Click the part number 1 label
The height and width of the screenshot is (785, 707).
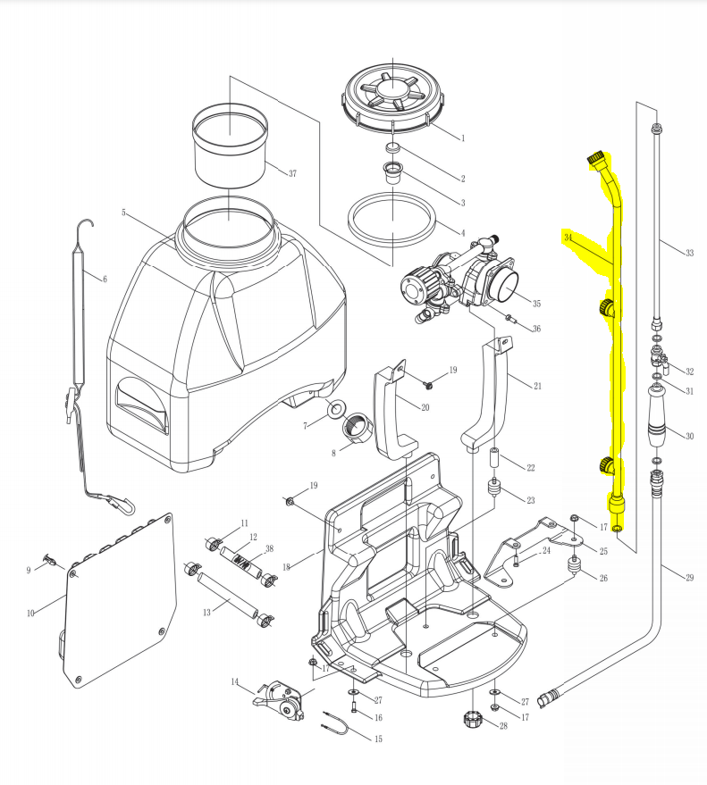[x=463, y=138]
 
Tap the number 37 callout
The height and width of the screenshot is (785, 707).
[x=291, y=173]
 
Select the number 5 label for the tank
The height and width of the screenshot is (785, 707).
[x=125, y=213]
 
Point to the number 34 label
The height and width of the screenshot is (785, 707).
[x=568, y=237]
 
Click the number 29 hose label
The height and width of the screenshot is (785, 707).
[x=689, y=579]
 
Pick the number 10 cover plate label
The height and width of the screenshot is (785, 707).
[x=30, y=613]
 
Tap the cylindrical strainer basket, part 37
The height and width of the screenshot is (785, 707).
[x=231, y=143]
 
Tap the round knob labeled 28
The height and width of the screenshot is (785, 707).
[x=472, y=719]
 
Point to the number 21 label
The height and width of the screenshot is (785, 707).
[x=537, y=386]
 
